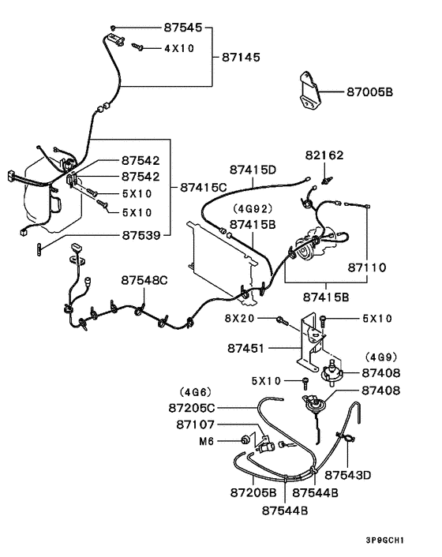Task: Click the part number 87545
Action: pos(183,28)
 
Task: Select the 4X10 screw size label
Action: pos(180,48)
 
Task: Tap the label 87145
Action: pos(243,58)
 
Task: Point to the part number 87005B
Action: pos(369,92)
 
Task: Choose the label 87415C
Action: pos(203,187)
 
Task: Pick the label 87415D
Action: pos(253,170)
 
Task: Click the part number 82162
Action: pos(324,155)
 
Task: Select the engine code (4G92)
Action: pos(252,209)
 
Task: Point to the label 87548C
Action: pos(144,279)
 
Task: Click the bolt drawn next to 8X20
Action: pos(281,320)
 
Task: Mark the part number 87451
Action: pos(246,346)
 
